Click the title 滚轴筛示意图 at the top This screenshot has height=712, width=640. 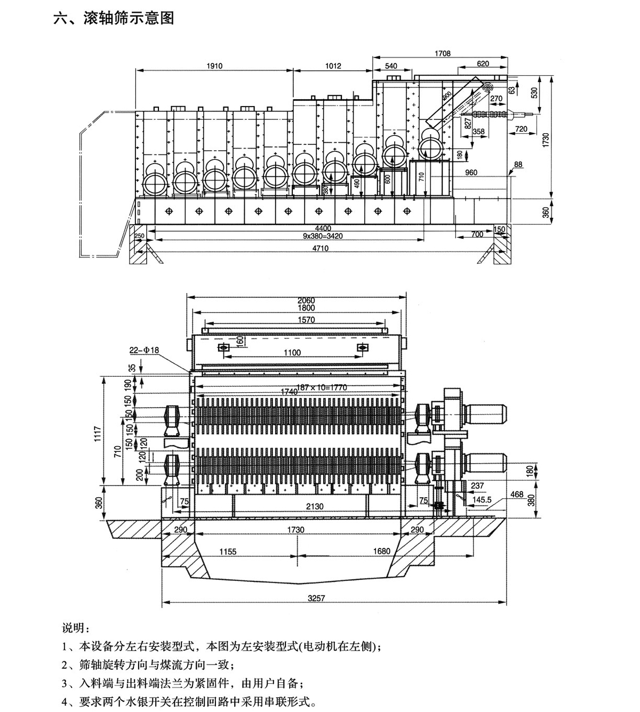pos(129,18)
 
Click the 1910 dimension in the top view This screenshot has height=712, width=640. pos(213,66)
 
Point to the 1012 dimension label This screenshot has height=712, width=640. pos(333,66)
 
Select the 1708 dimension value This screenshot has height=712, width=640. pos(442,53)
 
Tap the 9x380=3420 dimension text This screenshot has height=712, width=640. pos(285,235)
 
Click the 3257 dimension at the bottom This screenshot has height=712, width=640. pos(316,598)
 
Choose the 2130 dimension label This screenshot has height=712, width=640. pos(315,507)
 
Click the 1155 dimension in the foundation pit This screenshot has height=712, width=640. pos(227,552)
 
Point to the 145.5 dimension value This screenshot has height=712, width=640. pos(482,500)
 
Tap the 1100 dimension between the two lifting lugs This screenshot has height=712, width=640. pos(292,352)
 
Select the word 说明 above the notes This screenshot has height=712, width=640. pos(73,628)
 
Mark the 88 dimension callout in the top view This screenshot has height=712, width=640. pos(517,165)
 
